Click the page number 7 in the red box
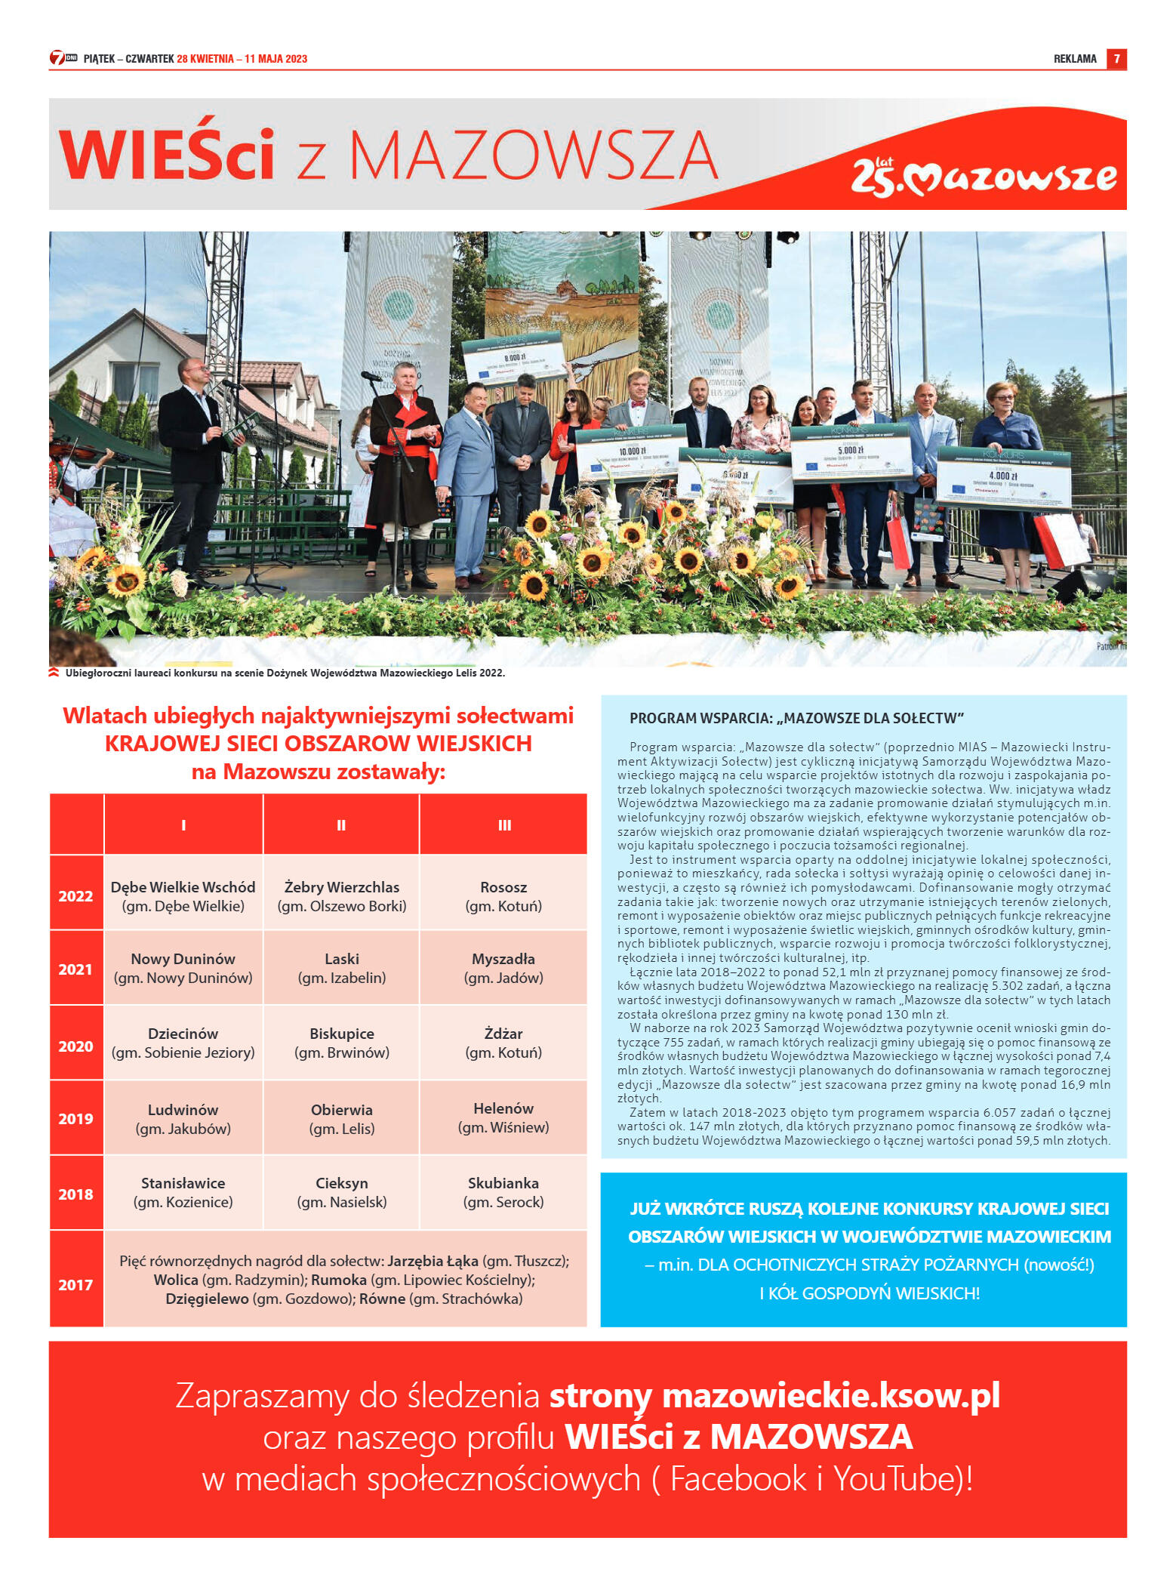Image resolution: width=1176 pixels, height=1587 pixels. (x=1116, y=59)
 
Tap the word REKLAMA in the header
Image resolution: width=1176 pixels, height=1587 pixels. (x=1075, y=59)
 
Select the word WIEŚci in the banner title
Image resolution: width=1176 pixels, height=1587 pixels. (x=167, y=155)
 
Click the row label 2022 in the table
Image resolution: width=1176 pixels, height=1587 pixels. (x=75, y=896)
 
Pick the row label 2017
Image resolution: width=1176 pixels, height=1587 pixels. (x=75, y=1284)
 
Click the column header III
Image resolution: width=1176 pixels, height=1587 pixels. (x=504, y=825)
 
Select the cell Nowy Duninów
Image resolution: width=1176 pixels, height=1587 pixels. (x=183, y=968)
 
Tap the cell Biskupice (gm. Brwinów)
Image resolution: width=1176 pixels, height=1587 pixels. (x=342, y=1043)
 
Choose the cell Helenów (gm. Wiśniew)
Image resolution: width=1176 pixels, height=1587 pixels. (x=503, y=1117)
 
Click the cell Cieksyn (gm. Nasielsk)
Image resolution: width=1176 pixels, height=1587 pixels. (x=342, y=1192)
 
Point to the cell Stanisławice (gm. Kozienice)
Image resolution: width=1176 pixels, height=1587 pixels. (x=183, y=1192)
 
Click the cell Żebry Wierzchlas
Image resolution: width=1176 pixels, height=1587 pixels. (x=342, y=896)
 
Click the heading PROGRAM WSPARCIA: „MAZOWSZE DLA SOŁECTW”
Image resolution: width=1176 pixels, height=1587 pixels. (x=796, y=718)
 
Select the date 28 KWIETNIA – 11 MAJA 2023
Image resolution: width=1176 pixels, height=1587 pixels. (x=242, y=59)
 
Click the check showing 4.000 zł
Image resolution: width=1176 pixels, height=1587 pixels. (x=1004, y=477)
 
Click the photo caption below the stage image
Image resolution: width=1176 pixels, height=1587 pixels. (x=285, y=673)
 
